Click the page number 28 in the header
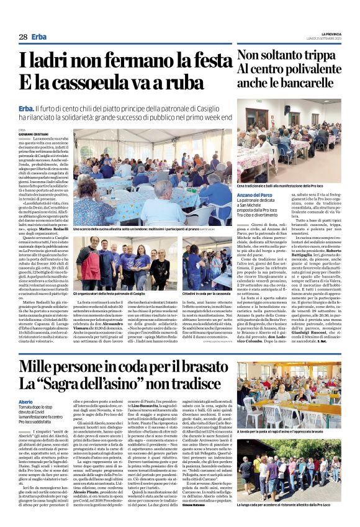(23, 37)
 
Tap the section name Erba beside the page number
(39, 37)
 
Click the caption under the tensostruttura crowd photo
(151, 228)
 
